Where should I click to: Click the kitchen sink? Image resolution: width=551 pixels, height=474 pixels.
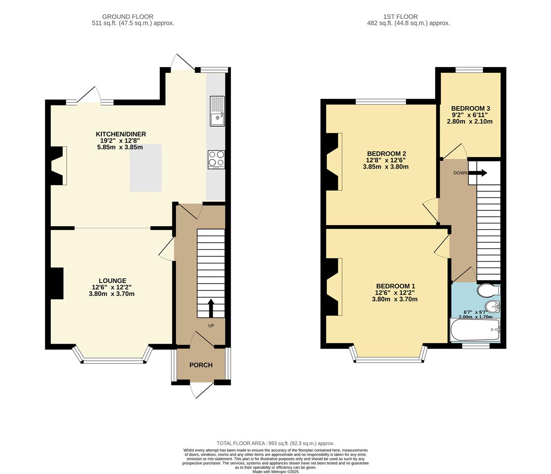pyautogui.click(x=217, y=111)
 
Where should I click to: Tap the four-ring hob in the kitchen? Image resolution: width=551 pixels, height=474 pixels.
pyautogui.click(x=216, y=159)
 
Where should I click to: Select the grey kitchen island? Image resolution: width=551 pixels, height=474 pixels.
pyautogui.click(x=146, y=168)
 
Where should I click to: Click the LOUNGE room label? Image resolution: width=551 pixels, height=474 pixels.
pyautogui.click(x=112, y=281)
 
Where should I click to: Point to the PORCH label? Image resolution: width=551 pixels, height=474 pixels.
pyautogui.click(x=201, y=365)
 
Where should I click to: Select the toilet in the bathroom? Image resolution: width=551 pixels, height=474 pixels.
pyautogui.click(x=487, y=290)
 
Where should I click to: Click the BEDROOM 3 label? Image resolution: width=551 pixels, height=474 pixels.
pyautogui.click(x=470, y=108)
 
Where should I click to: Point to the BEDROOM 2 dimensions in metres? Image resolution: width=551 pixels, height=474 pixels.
pyautogui.click(x=386, y=167)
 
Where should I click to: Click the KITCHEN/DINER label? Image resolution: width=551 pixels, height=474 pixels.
pyautogui.click(x=121, y=134)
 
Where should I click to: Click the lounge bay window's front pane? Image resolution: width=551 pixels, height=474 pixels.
pyautogui.click(x=113, y=361)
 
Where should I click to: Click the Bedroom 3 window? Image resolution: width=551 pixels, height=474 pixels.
pyautogui.click(x=469, y=69)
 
